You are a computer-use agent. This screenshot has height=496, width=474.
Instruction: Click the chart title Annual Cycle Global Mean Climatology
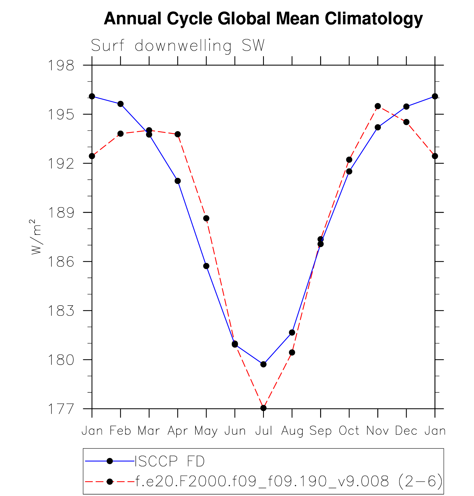263,19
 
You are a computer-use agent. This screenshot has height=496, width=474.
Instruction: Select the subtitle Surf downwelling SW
178,45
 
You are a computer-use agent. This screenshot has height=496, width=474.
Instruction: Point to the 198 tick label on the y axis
61,66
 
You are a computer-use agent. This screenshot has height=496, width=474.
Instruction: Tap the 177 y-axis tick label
61,409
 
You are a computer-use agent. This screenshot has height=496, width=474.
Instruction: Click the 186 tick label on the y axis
61,262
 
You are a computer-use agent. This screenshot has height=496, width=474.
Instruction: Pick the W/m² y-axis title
36,237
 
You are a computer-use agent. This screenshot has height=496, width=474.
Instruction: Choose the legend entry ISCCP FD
170,461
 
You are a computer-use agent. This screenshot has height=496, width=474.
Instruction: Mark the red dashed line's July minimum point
263,408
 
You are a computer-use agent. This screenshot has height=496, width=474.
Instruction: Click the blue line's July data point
263,364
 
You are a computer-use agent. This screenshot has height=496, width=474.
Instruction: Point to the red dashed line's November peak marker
378,106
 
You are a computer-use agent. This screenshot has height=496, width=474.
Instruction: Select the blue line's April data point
178,181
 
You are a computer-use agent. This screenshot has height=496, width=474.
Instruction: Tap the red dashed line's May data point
206,218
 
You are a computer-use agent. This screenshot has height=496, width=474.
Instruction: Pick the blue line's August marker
292,332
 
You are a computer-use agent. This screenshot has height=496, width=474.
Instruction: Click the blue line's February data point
121,104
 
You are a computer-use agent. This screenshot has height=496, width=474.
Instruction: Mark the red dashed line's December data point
406,122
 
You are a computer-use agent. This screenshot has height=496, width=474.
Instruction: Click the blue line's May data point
206,266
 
